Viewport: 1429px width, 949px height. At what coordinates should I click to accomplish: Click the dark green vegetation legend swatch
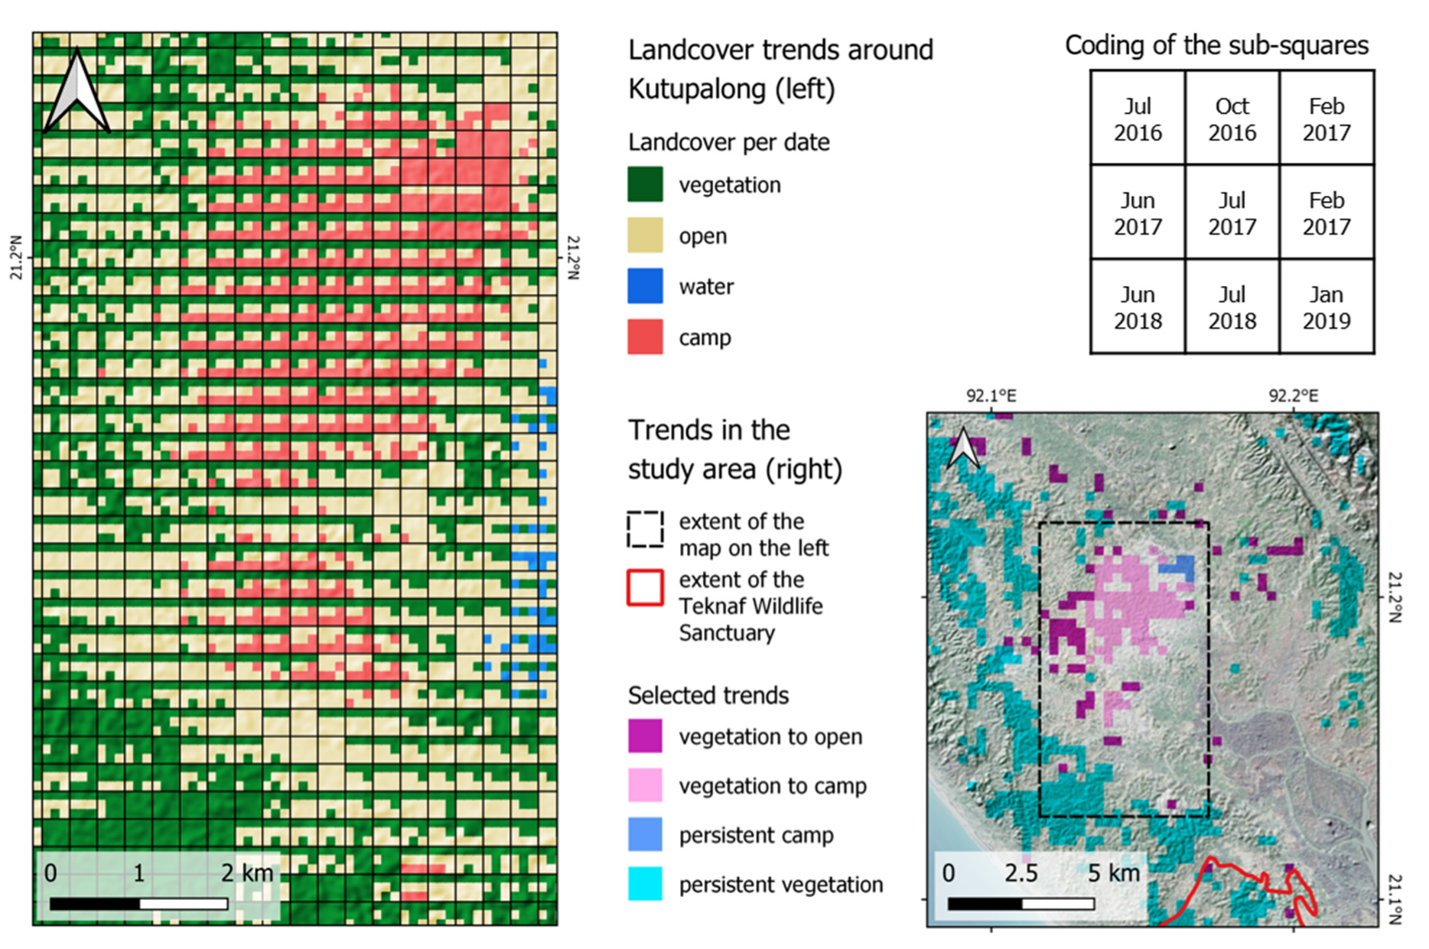tap(645, 184)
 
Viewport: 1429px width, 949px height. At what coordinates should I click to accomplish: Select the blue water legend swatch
tap(645, 286)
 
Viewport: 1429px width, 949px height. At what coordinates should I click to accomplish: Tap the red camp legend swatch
tap(645, 337)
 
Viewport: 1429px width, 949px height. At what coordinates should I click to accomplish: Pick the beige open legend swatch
tap(645, 236)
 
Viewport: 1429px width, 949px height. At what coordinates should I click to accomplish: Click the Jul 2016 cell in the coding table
tap(1138, 119)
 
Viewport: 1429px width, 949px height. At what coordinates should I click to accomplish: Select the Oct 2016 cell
tap(1232, 119)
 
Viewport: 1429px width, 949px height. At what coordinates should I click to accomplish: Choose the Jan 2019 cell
tap(1326, 307)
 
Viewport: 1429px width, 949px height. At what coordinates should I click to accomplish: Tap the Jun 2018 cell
tap(1138, 307)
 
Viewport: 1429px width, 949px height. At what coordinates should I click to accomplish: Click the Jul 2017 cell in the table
tap(1232, 213)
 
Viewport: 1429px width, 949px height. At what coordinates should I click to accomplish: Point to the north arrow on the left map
tap(76, 92)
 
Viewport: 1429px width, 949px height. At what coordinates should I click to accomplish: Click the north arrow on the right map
tap(963, 448)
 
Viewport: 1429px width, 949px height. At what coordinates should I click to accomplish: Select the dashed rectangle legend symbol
tap(645, 529)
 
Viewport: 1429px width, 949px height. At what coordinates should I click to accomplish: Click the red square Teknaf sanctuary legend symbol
tap(645, 587)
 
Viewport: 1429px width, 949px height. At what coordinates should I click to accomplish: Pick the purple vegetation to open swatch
tap(645, 736)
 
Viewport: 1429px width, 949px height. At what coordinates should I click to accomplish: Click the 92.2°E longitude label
tap(1294, 396)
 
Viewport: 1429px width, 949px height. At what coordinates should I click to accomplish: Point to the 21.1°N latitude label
tap(1395, 899)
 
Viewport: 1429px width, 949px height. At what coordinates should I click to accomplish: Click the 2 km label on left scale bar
tap(246, 873)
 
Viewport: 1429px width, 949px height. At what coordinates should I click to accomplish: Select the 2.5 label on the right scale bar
tap(1021, 873)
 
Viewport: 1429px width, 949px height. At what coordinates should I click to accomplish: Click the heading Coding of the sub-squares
tap(1216, 46)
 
